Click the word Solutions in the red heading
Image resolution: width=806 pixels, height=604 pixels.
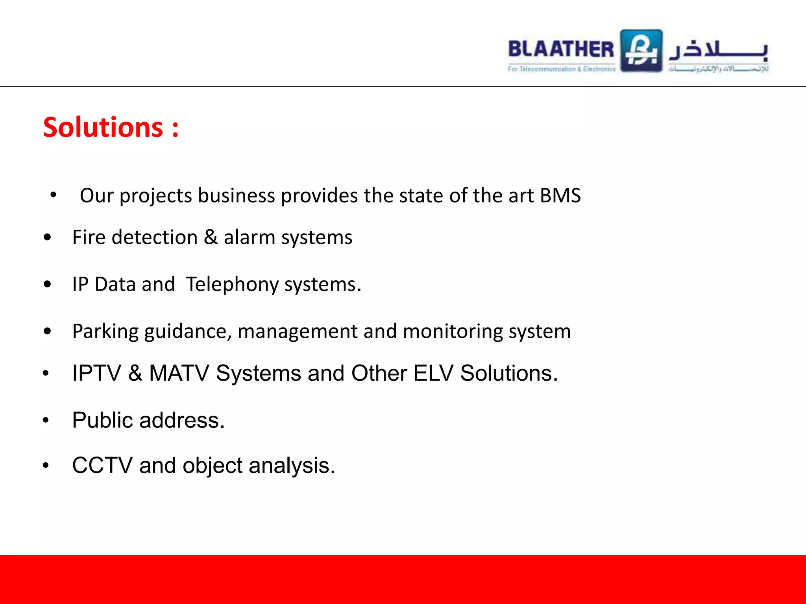click(103, 127)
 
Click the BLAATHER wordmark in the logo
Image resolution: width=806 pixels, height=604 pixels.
click(561, 49)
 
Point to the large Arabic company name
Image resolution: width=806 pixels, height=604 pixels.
click(719, 50)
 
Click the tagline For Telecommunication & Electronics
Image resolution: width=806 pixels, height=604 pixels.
click(562, 69)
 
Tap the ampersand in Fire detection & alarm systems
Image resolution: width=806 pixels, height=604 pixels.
click(211, 237)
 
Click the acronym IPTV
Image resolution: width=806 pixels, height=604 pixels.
click(96, 373)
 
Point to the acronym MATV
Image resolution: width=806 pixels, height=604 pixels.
click(179, 373)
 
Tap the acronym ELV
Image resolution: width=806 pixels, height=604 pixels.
click(433, 373)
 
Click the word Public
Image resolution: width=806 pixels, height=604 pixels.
click(103, 420)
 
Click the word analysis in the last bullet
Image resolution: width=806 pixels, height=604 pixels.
click(292, 466)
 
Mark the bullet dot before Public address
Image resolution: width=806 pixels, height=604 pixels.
click(46, 420)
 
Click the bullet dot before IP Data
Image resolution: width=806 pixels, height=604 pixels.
click(48, 284)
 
